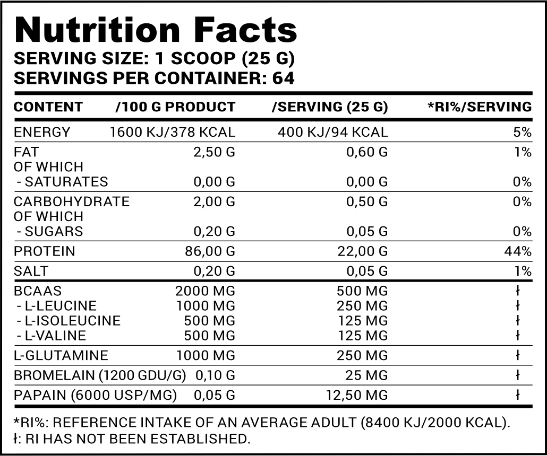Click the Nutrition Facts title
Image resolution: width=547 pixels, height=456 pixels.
pyautogui.click(x=156, y=30)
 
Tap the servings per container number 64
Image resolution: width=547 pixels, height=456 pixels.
pyautogui.click(x=283, y=78)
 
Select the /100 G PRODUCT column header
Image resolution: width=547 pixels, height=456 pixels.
pyautogui.click(x=175, y=107)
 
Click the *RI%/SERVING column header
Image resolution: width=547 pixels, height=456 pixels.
pyautogui.click(x=480, y=107)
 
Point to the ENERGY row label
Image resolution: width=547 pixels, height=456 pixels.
pyautogui.click(x=42, y=133)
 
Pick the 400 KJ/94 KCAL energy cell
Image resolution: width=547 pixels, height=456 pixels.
pyautogui.click(x=333, y=133)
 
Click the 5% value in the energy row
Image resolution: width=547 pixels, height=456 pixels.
pyautogui.click(x=522, y=133)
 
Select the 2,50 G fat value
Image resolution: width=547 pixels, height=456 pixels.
pyautogui.click(x=214, y=152)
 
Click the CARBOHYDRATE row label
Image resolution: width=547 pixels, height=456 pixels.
pyautogui.click(x=72, y=201)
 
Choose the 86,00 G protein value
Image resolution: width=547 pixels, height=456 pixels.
pyautogui.click(x=210, y=251)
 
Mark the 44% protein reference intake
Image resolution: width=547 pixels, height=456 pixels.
pyautogui.click(x=518, y=251)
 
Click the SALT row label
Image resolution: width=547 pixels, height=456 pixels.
pyautogui.click(x=31, y=271)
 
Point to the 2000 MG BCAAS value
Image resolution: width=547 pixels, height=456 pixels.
pyautogui.click(x=205, y=291)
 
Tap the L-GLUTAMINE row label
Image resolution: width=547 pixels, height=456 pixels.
pyautogui.click(x=61, y=355)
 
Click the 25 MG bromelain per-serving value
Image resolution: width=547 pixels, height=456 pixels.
pyautogui.click(x=366, y=375)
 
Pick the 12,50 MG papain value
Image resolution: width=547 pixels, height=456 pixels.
pyautogui.click(x=357, y=395)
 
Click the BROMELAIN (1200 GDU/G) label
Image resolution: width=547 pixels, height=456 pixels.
pyautogui.click(x=100, y=375)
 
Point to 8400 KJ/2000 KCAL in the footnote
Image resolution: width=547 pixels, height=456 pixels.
pyautogui.click(x=433, y=423)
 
